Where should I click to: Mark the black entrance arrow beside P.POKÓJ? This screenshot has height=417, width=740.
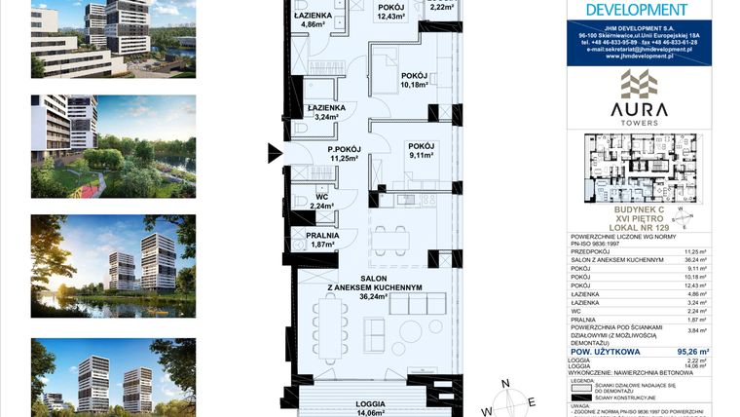point(277,151)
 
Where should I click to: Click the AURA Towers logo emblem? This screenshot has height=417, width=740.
point(639,85)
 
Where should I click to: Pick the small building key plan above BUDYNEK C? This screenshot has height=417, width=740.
point(640,167)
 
